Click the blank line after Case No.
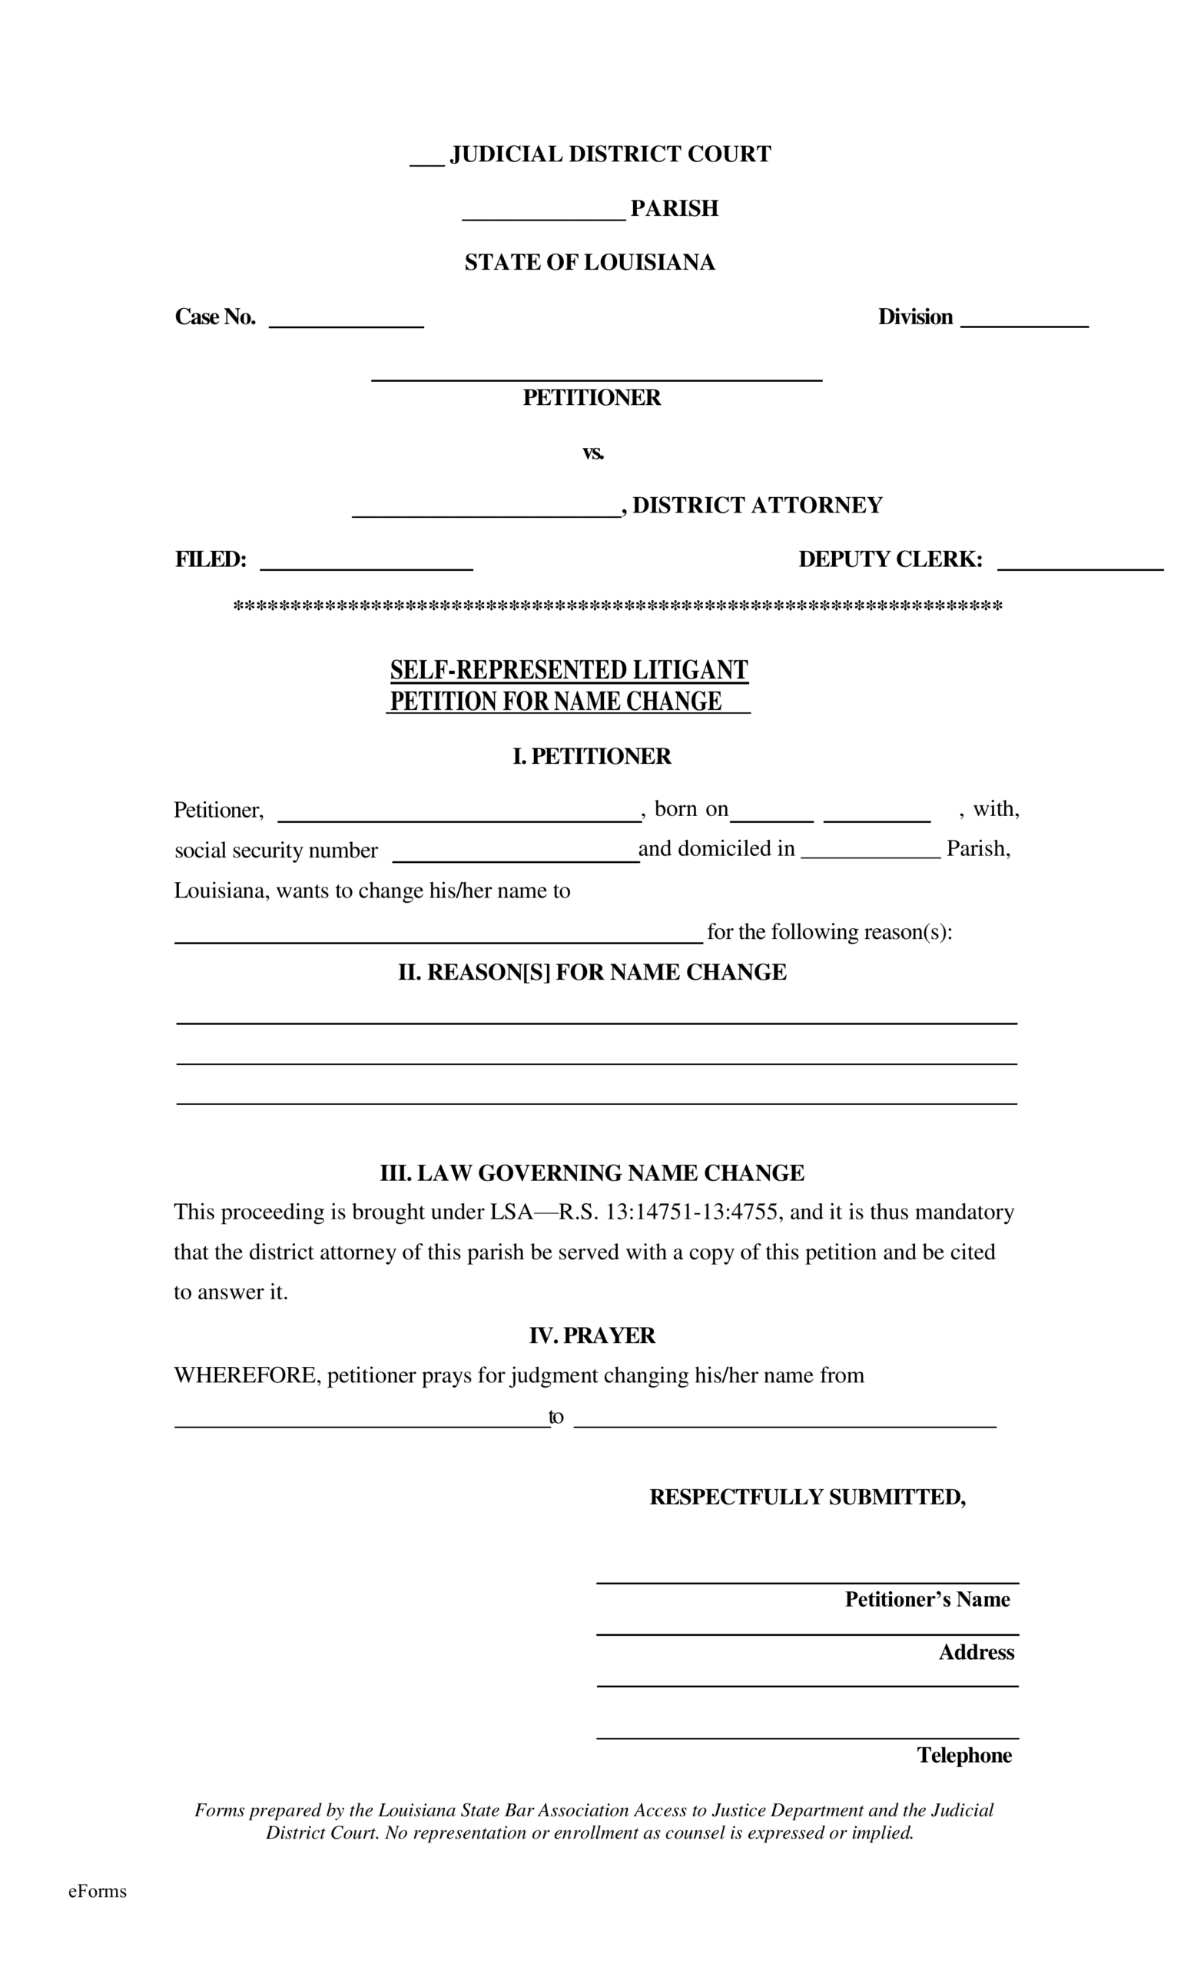pyautogui.click(x=346, y=322)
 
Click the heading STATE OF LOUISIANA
pyautogui.click(x=589, y=263)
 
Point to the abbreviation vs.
pyautogui.click(x=592, y=453)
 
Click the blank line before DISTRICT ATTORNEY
pyautogui.click(x=486, y=512)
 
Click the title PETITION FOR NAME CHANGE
pyautogui.click(x=556, y=701)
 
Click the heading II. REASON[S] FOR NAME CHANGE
pyautogui.click(x=592, y=971)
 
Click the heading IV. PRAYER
pyautogui.click(x=592, y=1335)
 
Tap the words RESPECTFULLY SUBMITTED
pyautogui.click(x=807, y=1497)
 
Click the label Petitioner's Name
pyautogui.click(x=927, y=1599)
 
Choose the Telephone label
pyautogui.click(x=963, y=1755)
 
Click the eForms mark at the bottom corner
pyautogui.click(x=98, y=1891)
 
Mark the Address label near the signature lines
pyautogui.click(x=975, y=1652)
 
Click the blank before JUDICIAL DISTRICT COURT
pyautogui.click(x=426, y=160)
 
